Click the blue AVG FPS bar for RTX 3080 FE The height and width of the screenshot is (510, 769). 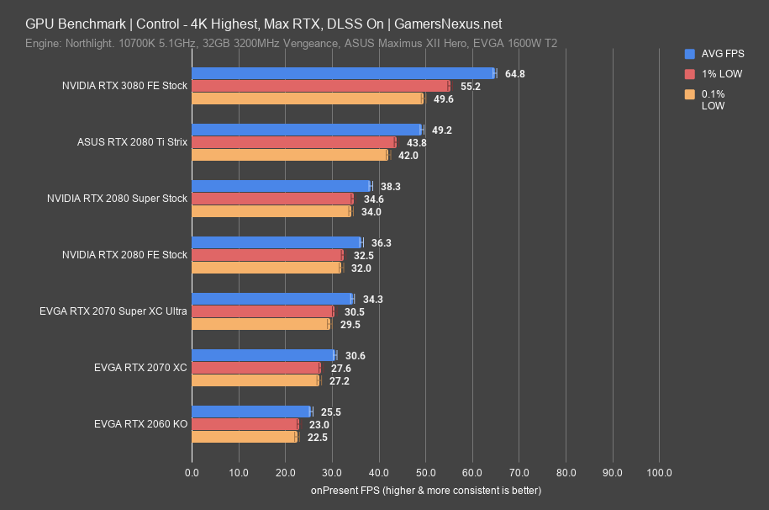[x=343, y=73]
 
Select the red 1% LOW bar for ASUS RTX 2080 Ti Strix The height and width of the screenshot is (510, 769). [x=293, y=142]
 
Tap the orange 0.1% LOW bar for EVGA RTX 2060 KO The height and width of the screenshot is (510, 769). [x=244, y=437]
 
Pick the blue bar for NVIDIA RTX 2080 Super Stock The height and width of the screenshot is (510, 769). [x=281, y=186]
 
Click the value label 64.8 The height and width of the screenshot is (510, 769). [x=514, y=74]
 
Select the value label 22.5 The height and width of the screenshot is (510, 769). [x=317, y=438]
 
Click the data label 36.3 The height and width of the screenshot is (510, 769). [x=382, y=243]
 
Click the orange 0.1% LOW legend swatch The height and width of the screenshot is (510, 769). [x=689, y=94]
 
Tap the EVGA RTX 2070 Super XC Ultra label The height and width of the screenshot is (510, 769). [x=113, y=311]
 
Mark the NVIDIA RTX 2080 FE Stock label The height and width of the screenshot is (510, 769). [x=124, y=255]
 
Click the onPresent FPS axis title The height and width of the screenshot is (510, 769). [x=425, y=490]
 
